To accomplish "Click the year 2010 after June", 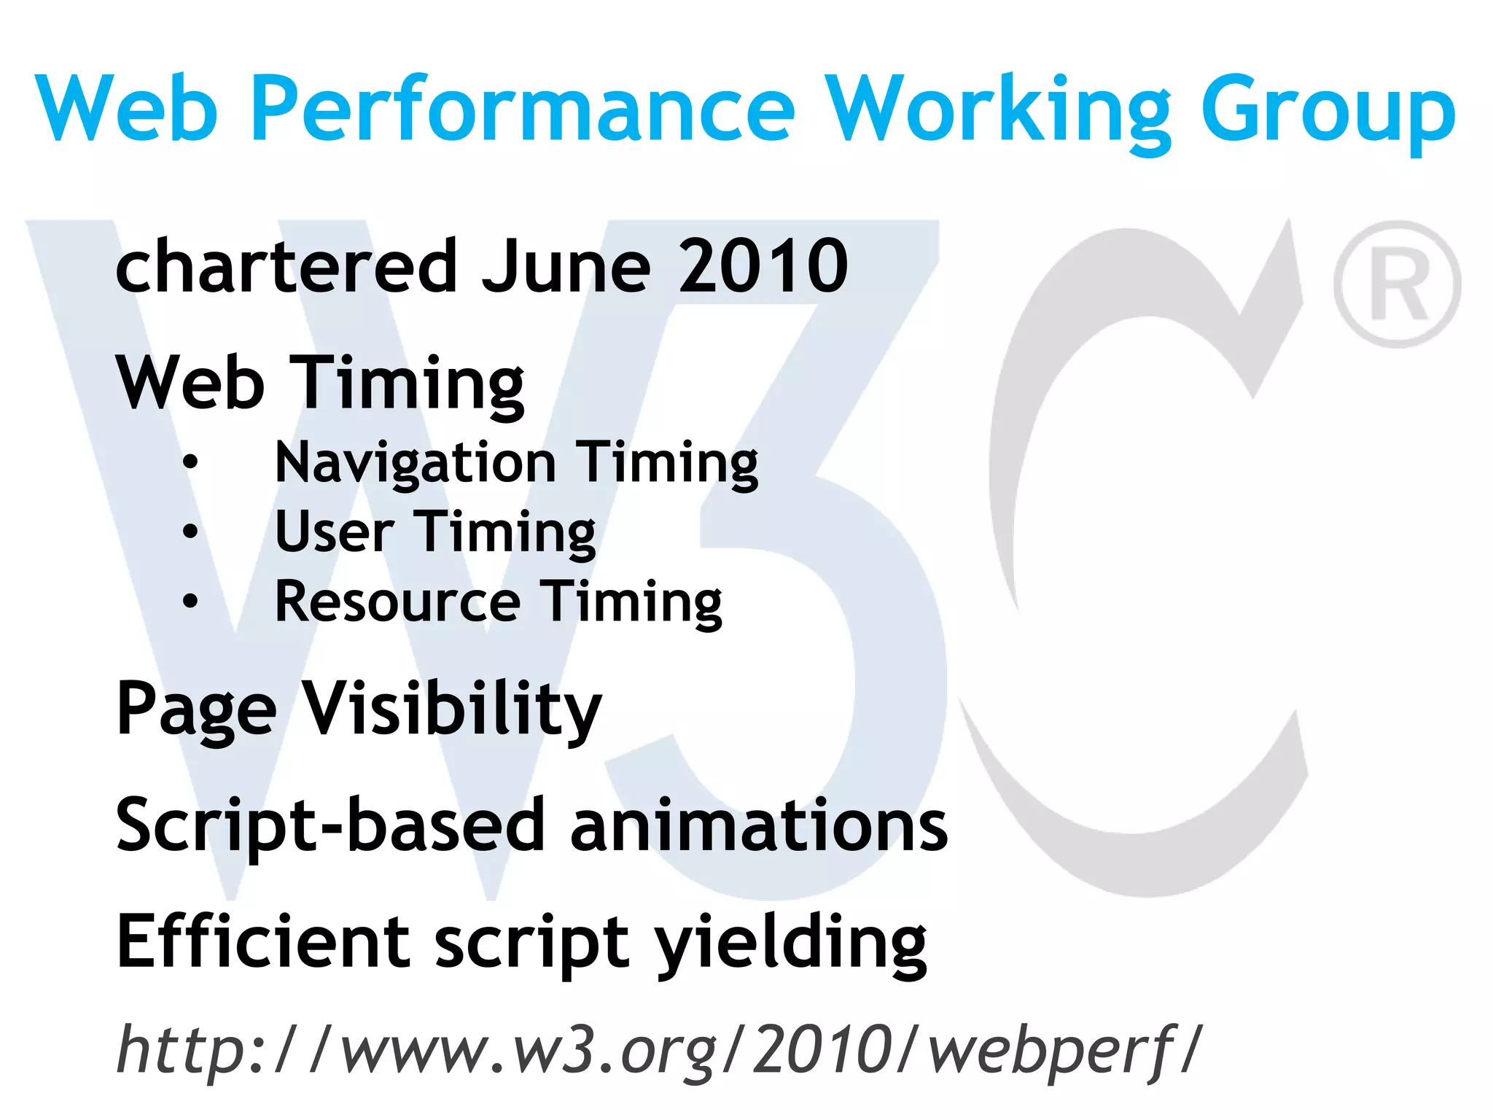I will pyautogui.click(x=763, y=267).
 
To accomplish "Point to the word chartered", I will pyautogui.click(x=286, y=265).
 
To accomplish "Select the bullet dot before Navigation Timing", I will pyautogui.click(x=190, y=462).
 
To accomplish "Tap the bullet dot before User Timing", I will pyautogui.click(x=190, y=532).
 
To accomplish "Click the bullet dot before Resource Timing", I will pyautogui.click(x=190, y=601).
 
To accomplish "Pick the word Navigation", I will pyautogui.click(x=416, y=463).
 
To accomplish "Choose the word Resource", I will pyautogui.click(x=398, y=602).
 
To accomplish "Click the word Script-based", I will pyautogui.click(x=330, y=826).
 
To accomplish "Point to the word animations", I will pyautogui.click(x=759, y=826).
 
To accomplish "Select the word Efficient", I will pyautogui.click(x=263, y=942).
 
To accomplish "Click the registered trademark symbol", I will pyautogui.click(x=1397, y=284).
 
